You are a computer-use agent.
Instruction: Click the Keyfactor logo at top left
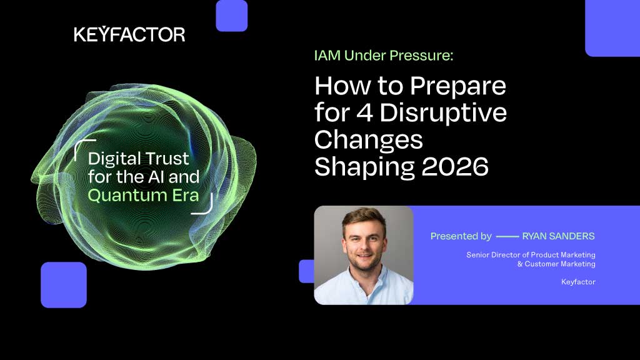click(x=129, y=34)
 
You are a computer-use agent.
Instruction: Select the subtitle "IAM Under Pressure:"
click(x=384, y=56)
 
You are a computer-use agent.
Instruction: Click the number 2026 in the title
click(x=455, y=166)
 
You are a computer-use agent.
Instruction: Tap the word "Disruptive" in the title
click(x=443, y=112)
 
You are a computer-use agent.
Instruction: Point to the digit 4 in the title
click(x=365, y=113)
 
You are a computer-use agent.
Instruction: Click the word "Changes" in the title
click(x=369, y=141)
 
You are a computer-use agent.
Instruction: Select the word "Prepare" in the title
click(x=458, y=86)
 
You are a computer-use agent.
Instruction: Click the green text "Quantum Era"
click(x=143, y=196)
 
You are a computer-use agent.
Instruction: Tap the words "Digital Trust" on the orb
click(x=138, y=159)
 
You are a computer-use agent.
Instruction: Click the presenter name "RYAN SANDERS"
click(x=558, y=236)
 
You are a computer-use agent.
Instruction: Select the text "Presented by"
click(x=461, y=236)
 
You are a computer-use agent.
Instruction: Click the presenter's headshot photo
click(x=364, y=255)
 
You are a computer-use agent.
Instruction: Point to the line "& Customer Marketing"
click(x=556, y=264)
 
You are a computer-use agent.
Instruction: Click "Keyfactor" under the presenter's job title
click(x=578, y=282)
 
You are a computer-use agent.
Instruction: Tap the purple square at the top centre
click(x=231, y=16)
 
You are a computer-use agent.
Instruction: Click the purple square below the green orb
click(x=64, y=285)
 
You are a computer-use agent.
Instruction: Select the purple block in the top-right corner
click(x=612, y=28)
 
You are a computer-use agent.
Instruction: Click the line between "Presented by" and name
click(x=507, y=236)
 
